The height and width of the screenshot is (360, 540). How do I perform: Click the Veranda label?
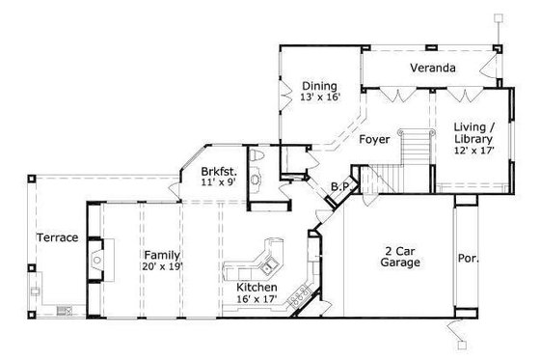pyautogui.click(x=432, y=69)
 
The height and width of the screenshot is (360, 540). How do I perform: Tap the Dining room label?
pyautogui.click(x=318, y=85)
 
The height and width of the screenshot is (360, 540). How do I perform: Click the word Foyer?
pyautogui.click(x=374, y=140)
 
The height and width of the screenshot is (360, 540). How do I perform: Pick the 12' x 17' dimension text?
pyautogui.click(x=474, y=152)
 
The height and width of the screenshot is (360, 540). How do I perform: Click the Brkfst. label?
pyautogui.click(x=219, y=166)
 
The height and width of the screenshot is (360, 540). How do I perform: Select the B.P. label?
pyautogui.click(x=339, y=186)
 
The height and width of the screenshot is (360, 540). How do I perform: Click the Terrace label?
pyautogui.click(x=57, y=237)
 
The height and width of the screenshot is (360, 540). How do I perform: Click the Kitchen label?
pyautogui.click(x=257, y=288)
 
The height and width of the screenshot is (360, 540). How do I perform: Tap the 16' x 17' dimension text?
pyautogui.click(x=257, y=300)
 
